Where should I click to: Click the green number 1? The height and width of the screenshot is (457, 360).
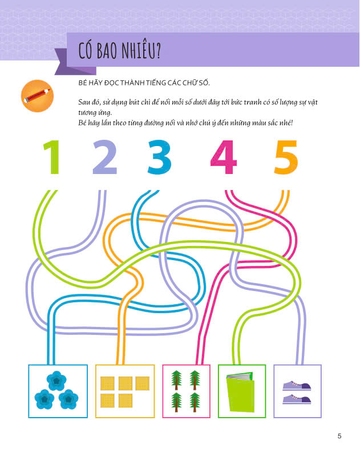pos(52,157)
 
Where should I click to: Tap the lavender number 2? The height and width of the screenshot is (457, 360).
pos(104,157)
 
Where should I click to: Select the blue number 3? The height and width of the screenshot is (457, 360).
pos(159,157)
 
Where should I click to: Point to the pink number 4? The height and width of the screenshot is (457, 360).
pos(223,157)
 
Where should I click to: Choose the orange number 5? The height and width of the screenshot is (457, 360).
pos(286,157)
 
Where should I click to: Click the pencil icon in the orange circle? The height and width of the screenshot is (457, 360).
pos(37,96)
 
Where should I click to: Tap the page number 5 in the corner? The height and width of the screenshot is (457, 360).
pos(339,436)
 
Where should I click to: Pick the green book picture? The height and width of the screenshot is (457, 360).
pos(241,391)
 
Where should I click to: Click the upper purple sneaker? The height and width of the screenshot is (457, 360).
pos(297,386)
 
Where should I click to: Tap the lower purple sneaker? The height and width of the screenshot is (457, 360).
pos(297,399)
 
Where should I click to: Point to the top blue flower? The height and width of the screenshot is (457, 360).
pos(56,381)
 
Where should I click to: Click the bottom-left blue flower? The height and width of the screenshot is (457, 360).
pos(45,399)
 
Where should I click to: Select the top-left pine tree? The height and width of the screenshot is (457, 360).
pos(176,380)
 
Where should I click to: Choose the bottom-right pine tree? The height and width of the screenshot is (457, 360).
pos(195,402)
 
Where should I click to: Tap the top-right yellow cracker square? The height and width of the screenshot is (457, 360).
pos(142,383)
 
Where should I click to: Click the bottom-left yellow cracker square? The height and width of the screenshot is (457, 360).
pos(107,401)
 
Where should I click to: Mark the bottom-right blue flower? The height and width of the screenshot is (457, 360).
pos(68,399)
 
